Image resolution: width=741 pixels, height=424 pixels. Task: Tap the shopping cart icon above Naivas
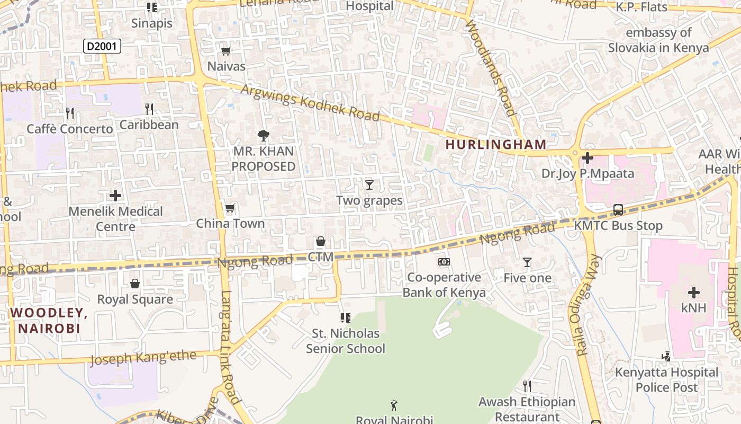226,51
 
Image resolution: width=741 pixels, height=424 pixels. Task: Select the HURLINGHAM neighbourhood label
495,144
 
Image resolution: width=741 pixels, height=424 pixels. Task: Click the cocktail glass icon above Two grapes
369,184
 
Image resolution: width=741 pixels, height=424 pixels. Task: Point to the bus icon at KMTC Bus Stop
618,209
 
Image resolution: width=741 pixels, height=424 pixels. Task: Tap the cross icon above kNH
693,292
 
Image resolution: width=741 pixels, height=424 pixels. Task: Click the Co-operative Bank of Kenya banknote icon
444,262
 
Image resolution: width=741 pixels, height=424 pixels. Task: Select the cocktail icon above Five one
527,262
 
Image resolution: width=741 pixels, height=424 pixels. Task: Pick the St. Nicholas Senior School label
346,341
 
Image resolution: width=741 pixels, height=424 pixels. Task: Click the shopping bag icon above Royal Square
135,284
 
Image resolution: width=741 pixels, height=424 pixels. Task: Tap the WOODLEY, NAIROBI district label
49,321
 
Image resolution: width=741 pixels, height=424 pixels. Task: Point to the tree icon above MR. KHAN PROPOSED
263,136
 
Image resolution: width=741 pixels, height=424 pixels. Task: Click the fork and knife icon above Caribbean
149,109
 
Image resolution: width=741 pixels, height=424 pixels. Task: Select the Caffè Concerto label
70,129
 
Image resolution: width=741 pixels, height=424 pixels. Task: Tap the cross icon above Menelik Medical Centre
115,196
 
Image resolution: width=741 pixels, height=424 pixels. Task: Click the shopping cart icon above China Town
230,208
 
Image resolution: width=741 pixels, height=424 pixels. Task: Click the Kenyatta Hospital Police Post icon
667,357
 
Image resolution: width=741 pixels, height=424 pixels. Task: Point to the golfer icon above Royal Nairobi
394,406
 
